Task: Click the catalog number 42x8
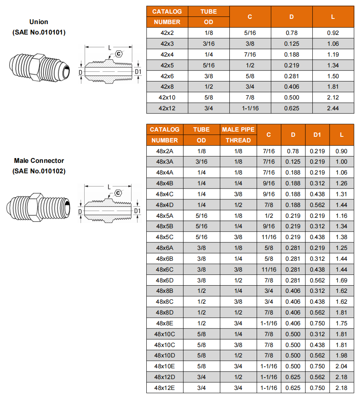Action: click(167, 87)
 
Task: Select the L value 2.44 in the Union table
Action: click(333, 108)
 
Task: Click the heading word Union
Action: click(39, 22)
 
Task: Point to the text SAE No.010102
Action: click(39, 171)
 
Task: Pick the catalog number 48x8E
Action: click(164, 323)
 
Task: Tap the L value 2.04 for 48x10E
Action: click(342, 366)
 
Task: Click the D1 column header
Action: click(317, 135)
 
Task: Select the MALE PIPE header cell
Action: click(238, 130)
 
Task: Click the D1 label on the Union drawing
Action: click(138, 72)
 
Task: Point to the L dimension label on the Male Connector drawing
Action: click(109, 187)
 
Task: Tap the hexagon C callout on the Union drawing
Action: click(119, 54)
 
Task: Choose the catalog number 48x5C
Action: click(164, 237)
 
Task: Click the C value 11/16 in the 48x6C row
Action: click(269, 270)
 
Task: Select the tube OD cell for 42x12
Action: click(208, 108)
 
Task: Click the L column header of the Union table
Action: click(333, 17)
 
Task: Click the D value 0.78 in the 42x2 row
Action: click(291, 33)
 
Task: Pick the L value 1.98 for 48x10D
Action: click(342, 355)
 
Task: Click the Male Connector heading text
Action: click(39, 161)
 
